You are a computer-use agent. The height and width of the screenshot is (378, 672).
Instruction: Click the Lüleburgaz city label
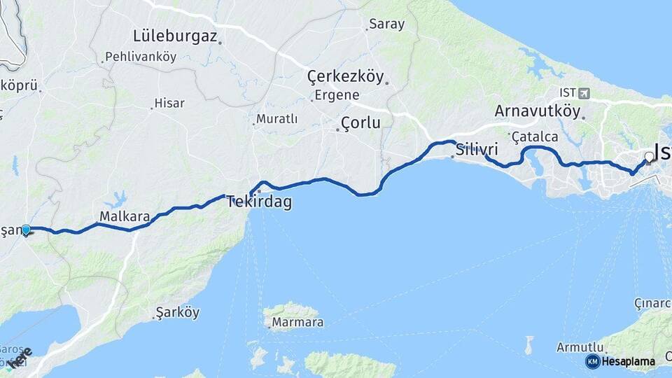pyautogui.click(x=175, y=36)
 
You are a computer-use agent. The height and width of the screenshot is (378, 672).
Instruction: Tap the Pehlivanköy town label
pyautogui.click(x=140, y=57)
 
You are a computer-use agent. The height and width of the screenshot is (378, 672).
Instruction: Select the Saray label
pyautogui.click(x=386, y=24)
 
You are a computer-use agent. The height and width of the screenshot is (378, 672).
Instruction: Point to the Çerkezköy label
pyautogui.click(x=346, y=77)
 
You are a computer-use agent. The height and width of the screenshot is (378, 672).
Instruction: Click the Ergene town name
pyautogui.click(x=337, y=95)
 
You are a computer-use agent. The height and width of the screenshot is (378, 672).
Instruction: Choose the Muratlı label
pyautogui.click(x=276, y=120)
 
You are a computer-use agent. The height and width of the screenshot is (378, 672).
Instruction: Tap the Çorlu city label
pyautogui.click(x=360, y=124)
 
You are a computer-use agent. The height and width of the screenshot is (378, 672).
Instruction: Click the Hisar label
pyautogui.click(x=169, y=104)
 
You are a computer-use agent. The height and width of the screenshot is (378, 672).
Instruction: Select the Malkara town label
pyautogui.click(x=125, y=217)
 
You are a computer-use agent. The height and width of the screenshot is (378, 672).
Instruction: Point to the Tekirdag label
pyautogui.click(x=259, y=203)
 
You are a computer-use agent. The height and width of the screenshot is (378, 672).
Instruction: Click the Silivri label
pyautogui.click(x=476, y=150)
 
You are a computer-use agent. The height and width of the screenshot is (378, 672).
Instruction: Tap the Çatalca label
pyautogui.click(x=535, y=136)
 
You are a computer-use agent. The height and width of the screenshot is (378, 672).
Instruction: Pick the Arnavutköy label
pyautogui.click(x=538, y=111)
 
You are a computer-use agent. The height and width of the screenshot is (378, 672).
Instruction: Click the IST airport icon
pyautogui.click(x=584, y=93)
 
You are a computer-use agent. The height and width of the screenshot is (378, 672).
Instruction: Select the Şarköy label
pyautogui.click(x=178, y=312)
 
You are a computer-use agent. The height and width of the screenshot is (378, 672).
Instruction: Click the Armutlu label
pyautogui.click(x=580, y=347)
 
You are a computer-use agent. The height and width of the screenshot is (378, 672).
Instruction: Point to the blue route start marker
pyautogui.click(x=26, y=230)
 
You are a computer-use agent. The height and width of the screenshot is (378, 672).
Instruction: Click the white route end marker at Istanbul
pyautogui.click(x=649, y=157)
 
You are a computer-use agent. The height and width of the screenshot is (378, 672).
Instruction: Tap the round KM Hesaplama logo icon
pyautogui.click(x=592, y=361)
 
